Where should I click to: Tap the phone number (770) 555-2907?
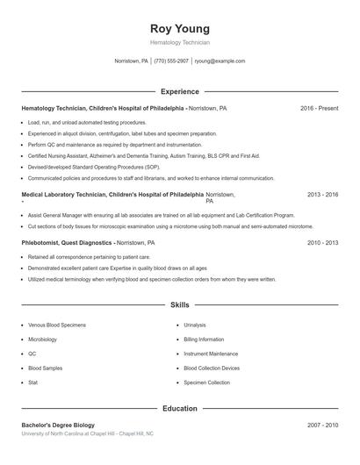click(x=171, y=61)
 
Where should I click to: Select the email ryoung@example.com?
click(x=220, y=61)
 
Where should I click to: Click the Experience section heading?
click(x=179, y=91)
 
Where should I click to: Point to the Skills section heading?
click(x=179, y=305)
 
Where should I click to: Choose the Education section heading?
click(x=179, y=409)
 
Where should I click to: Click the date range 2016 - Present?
click(x=319, y=108)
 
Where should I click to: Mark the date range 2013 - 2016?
click(x=322, y=195)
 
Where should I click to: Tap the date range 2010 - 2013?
click(x=322, y=241)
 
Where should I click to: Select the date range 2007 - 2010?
click(x=322, y=425)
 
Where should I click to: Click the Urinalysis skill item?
click(x=195, y=325)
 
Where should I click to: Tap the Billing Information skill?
click(x=204, y=339)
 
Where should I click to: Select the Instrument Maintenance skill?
click(x=211, y=354)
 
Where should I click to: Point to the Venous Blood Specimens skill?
click(x=55, y=325)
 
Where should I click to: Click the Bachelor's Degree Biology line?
click(x=57, y=425)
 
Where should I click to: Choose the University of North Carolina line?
click(x=88, y=433)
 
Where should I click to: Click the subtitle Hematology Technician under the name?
click(x=180, y=42)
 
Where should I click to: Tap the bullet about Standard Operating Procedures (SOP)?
click(x=93, y=166)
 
